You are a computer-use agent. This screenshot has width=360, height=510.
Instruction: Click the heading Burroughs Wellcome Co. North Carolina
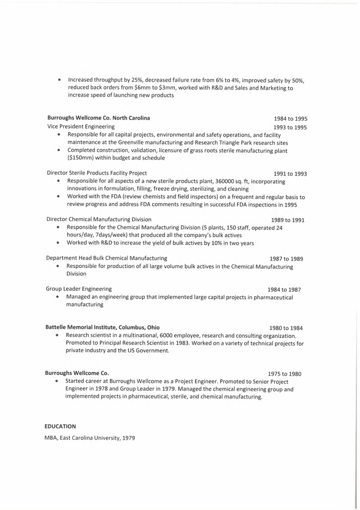click(99, 118)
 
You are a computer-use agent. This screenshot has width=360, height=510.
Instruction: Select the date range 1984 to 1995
click(290, 119)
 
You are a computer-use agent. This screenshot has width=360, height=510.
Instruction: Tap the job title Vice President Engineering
click(81, 127)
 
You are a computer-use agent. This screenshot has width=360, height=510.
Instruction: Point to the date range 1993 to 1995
click(290, 128)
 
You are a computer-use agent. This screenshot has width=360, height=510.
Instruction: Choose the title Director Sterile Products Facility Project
click(97, 173)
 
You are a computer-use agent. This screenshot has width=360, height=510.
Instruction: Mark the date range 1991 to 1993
click(290, 174)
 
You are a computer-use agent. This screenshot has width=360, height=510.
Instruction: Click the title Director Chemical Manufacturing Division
click(99, 219)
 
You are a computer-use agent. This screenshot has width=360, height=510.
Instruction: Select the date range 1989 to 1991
click(287, 220)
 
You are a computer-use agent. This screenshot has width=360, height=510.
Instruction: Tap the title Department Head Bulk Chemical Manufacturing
click(107, 258)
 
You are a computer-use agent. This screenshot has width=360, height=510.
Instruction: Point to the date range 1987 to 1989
click(286, 259)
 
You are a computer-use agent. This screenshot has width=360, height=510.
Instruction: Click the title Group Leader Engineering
click(79, 289)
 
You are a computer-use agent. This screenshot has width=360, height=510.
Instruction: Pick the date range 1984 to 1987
click(284, 290)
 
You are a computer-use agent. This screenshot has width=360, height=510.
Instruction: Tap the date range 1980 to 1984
click(285, 328)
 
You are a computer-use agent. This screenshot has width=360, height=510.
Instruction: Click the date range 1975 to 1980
click(284, 374)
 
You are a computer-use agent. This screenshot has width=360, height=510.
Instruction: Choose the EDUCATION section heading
click(60, 426)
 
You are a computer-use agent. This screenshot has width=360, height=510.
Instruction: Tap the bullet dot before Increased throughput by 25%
click(60, 80)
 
